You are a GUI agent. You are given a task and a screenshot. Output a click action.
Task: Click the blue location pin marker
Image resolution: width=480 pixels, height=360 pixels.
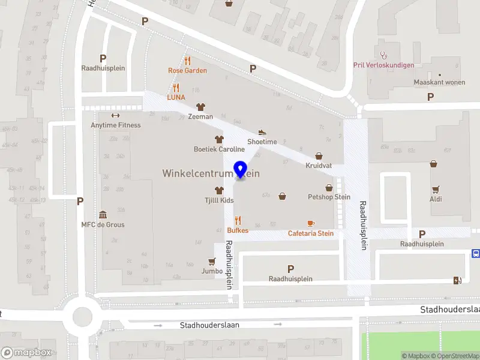coord(241,169)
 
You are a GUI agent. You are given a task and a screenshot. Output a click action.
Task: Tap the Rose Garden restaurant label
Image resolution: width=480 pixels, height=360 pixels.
coord(187,70)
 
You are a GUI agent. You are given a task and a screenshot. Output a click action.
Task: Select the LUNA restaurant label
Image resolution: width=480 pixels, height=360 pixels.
coord(176,97)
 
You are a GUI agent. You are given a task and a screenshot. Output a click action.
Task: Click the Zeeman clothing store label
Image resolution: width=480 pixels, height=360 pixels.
coord(200,116)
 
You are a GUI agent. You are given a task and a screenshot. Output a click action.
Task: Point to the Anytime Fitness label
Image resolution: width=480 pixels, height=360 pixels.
coord(116,125)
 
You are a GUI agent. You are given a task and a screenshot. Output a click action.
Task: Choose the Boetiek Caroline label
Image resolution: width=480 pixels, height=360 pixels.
coord(219,149)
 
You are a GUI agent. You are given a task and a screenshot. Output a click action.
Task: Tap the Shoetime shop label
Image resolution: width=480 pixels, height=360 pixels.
coord(262,142)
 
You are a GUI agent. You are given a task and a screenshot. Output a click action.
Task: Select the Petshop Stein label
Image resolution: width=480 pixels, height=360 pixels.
coord(329,196)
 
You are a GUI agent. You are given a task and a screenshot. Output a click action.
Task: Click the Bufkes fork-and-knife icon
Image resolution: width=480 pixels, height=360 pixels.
coord(238,220)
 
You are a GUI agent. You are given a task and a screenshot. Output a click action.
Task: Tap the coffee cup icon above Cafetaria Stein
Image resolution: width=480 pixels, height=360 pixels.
coord(310,224)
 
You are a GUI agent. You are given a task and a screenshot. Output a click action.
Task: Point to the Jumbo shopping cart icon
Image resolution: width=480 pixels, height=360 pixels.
coord(211,262)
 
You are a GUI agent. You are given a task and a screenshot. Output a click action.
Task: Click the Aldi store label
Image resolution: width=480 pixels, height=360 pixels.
coord(436,199)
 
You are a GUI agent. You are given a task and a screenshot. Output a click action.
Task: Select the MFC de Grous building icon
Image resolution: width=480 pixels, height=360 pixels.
coord(103,215)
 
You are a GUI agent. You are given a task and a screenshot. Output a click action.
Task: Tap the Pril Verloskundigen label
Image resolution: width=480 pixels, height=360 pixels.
coord(384,65)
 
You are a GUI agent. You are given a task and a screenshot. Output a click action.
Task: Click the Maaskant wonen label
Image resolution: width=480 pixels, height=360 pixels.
coord(439,82)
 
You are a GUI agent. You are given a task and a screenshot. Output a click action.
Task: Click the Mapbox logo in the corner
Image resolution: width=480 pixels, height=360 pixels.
coord(26,353)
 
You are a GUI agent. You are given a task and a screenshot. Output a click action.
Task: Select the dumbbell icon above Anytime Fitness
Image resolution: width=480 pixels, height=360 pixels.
coord(115,116)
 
